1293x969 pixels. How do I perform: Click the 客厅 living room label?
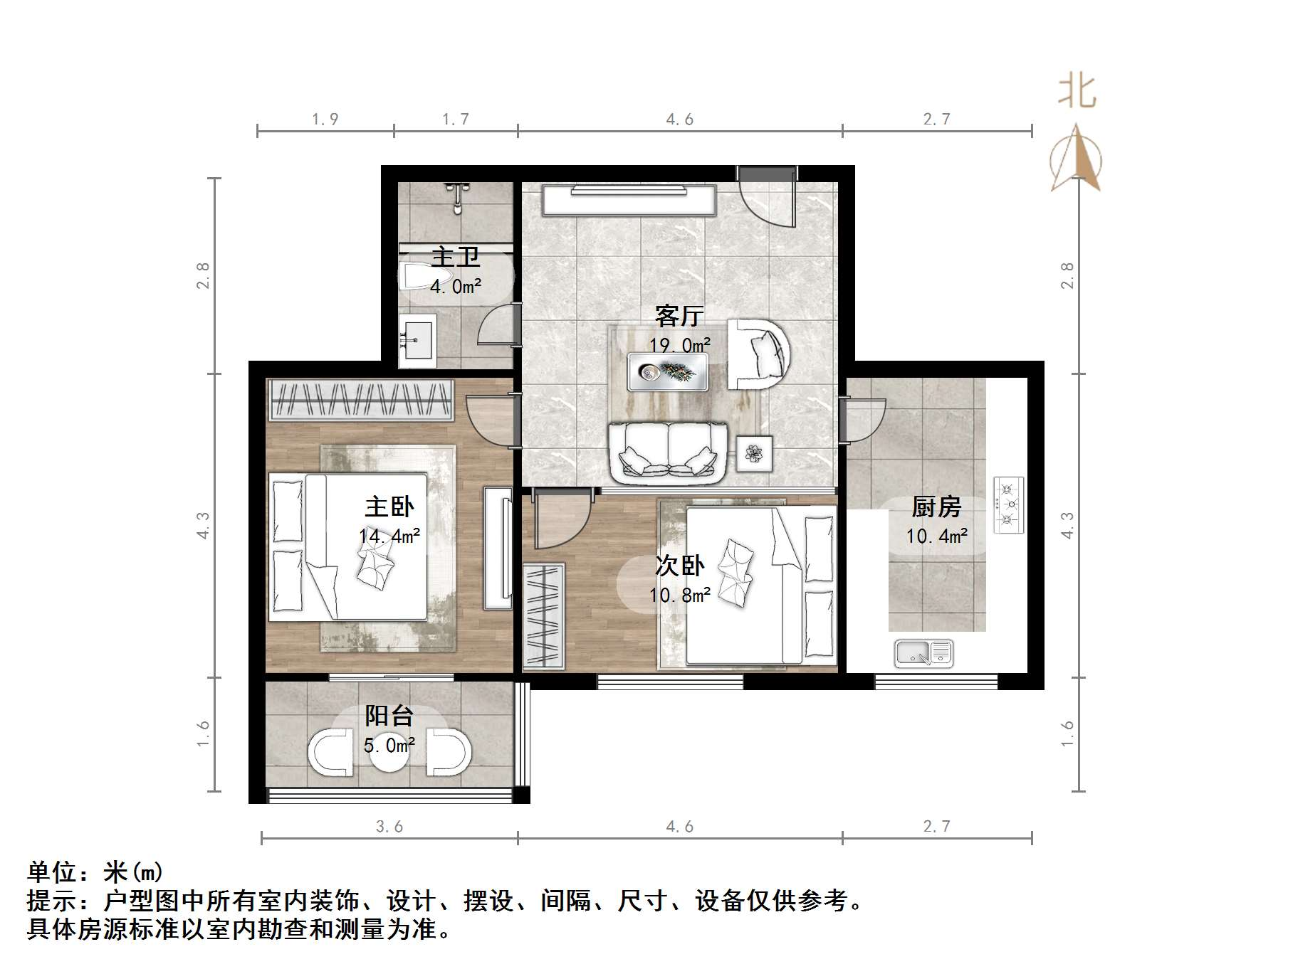pos(679,315)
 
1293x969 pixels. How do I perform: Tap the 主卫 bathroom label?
pos(456,257)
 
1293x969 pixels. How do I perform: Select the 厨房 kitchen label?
pos(936,507)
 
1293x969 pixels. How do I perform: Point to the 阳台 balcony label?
pos(389,716)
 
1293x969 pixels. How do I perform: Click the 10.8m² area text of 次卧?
pos(679,595)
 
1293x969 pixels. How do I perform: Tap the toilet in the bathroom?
pos(426,277)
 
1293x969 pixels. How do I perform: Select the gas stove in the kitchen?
pos(1008,505)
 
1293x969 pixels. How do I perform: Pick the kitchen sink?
pos(923,653)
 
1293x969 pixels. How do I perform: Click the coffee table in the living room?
pos(668,372)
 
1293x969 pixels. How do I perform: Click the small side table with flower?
pos(754,452)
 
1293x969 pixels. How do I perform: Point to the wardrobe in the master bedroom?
pos(360,401)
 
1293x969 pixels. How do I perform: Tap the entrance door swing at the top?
pos(768,199)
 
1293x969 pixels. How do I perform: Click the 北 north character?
pos(1076,93)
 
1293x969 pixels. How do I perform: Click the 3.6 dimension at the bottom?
pos(389,827)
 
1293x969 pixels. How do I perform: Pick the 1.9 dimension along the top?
pos(325,120)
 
